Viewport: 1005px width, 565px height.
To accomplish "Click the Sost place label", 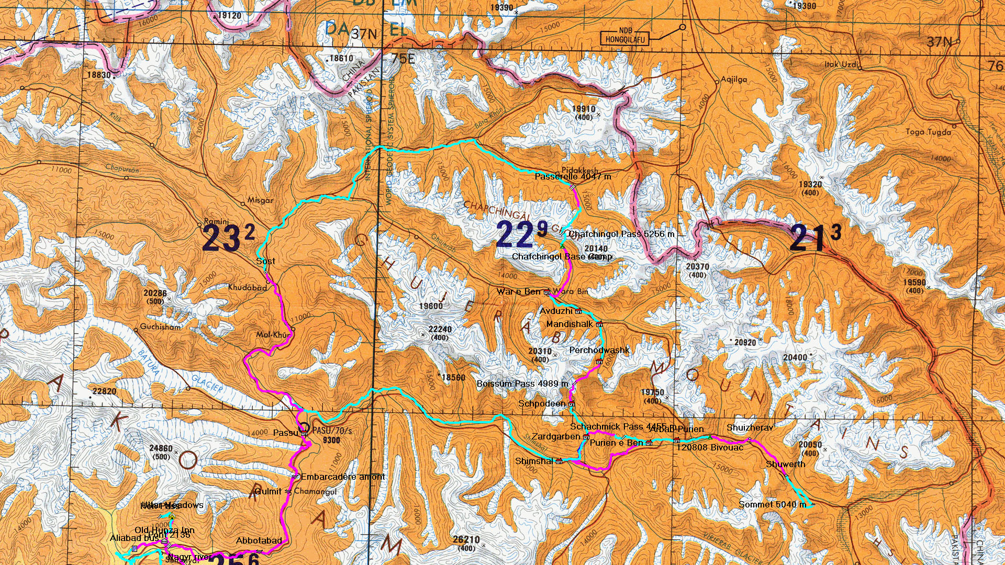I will coord(265,261).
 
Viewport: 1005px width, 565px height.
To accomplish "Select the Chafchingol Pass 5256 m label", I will coord(621,234).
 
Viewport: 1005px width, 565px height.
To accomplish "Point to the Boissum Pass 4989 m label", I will coord(522,383).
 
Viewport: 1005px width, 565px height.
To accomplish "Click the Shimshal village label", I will coord(534,461).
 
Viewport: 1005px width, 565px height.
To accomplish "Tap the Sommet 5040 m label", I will coord(772,504).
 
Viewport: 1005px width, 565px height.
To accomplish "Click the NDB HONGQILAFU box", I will coord(626,36).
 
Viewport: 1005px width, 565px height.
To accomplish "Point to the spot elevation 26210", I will coord(466,539).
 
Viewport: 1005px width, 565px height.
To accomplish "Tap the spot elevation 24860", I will coord(161,448).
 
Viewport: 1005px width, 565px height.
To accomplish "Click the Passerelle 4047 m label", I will coord(573,177).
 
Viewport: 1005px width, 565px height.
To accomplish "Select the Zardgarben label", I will coord(556,436).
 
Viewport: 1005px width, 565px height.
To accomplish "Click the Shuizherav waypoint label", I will coord(750,428).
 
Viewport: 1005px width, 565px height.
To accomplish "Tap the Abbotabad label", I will coord(259,540).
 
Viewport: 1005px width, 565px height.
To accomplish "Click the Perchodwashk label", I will coord(599,350).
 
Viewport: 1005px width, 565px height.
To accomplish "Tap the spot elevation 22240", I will coord(440,329).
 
